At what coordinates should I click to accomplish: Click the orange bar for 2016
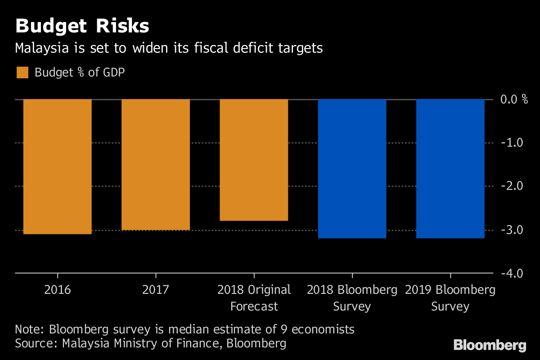click(57, 166)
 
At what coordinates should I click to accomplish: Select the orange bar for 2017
click(156, 164)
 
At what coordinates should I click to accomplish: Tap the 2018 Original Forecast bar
click(254, 160)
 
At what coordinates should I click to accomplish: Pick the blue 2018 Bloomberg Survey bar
click(352, 169)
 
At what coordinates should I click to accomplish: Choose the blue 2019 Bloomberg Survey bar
click(450, 169)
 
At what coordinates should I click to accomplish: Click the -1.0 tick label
click(512, 143)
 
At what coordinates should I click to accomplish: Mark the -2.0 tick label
click(512, 186)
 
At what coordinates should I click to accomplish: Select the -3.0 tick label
click(512, 230)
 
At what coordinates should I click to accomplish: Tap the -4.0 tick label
click(512, 274)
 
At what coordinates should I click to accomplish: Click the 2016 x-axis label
click(57, 289)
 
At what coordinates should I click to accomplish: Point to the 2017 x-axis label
click(156, 289)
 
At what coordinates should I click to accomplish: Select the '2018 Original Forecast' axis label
click(254, 298)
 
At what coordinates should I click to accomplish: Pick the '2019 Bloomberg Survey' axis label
click(450, 298)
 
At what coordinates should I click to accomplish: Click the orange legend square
click(22, 72)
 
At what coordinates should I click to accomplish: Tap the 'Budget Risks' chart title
click(82, 27)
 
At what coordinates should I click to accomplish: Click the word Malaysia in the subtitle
click(39, 48)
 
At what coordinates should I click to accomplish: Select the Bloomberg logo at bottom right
click(490, 346)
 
